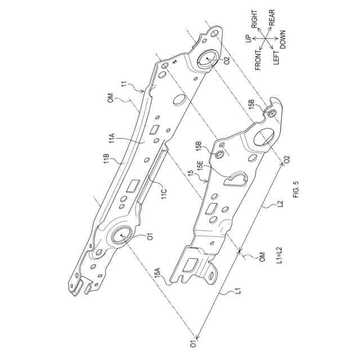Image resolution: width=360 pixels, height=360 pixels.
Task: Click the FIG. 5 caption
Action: pyautogui.click(x=296, y=190)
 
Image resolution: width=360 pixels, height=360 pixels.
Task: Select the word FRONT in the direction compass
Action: pyautogui.click(x=258, y=60)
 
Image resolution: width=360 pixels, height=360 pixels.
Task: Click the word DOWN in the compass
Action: pyautogui.click(x=282, y=39)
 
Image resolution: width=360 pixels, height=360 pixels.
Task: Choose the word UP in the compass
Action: pyautogui.click(x=248, y=39)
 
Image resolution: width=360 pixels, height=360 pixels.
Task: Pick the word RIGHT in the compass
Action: pyautogui.click(x=254, y=19)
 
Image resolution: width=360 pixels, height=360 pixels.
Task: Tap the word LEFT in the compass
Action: pyautogui.click(x=276, y=57)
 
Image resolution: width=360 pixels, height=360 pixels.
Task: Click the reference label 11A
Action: pyautogui.click(x=111, y=139)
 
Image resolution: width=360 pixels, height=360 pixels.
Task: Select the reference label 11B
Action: pyautogui.click(x=106, y=159)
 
